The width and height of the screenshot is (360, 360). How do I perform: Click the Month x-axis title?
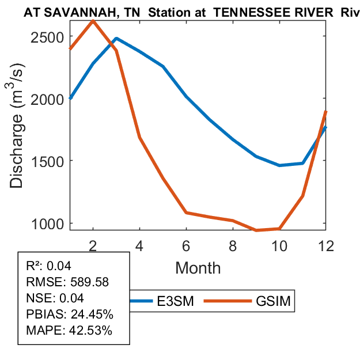[198, 267]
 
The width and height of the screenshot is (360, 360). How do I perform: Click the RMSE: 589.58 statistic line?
[67, 282]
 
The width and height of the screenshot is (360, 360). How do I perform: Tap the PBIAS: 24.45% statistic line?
[70, 314]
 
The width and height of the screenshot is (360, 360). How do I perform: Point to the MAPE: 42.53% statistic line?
[70, 331]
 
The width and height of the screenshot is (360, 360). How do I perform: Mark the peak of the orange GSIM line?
[93, 21]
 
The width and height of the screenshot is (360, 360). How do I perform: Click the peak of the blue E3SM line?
[116, 39]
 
